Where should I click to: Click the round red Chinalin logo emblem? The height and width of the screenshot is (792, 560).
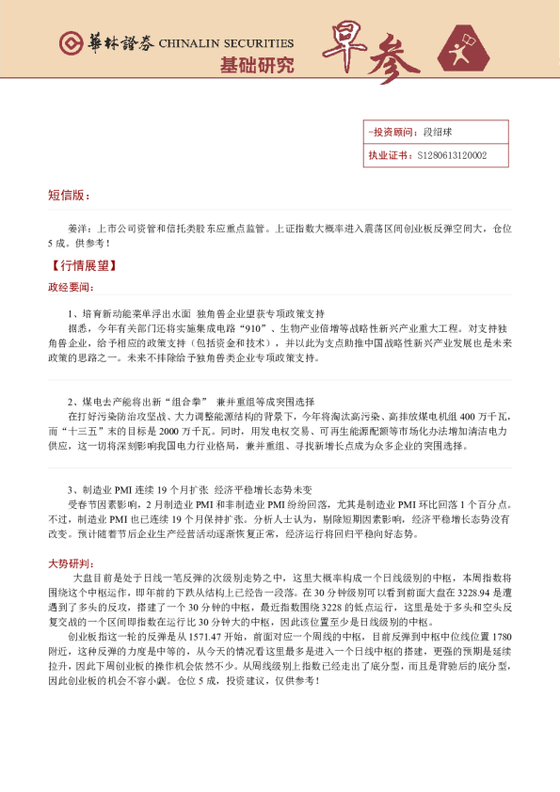click(70, 43)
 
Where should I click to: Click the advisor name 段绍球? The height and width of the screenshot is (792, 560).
click(438, 133)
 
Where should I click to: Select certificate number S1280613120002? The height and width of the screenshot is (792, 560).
click(451, 155)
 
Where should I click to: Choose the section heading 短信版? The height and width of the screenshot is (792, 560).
click(69, 196)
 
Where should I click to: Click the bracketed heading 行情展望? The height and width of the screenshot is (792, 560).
click(78, 266)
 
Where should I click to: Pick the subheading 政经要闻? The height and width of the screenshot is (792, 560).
click(71, 286)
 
